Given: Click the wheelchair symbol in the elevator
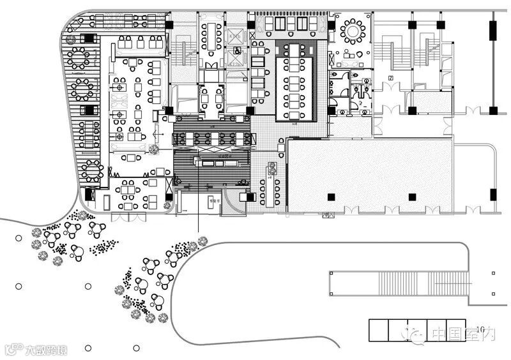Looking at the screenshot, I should coord(238,50).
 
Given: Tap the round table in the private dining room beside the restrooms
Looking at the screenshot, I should coord(353,30).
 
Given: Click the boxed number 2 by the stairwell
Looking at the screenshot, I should coord(389,78).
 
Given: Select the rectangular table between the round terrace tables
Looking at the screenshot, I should coord(89,135).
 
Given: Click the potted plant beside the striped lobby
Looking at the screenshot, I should coord(154,150).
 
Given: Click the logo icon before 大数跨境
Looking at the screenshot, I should coord(13,349).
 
